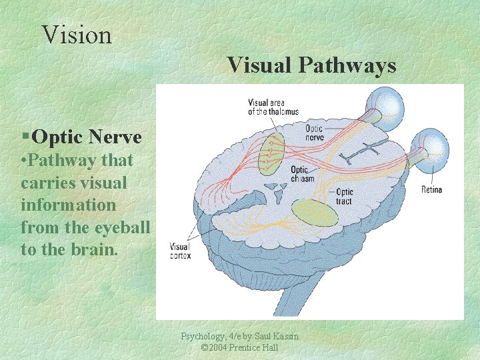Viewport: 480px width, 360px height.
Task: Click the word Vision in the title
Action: pos(77,35)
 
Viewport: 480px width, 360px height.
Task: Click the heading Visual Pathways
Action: pos(311,65)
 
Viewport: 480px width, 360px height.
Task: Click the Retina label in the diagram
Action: pos(431,190)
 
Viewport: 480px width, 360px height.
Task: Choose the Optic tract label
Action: pos(345,197)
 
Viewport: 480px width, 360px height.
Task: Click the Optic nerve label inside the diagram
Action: pos(315,132)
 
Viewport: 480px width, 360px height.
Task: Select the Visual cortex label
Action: pos(180,250)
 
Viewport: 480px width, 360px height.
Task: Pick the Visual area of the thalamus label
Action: pos(273,107)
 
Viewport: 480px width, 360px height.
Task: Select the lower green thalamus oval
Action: pos(315,212)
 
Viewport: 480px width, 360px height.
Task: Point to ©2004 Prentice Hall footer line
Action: pos(239,347)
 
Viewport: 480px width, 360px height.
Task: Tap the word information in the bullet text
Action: pos(68,205)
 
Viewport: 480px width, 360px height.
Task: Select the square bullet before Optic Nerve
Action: pos(25,137)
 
